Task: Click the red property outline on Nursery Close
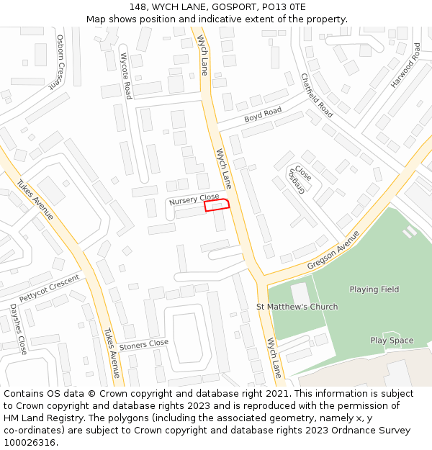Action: coord(217,205)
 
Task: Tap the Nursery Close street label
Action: coord(194,199)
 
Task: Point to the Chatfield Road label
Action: coord(317,96)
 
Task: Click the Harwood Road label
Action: coord(405,66)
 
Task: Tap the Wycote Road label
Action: coord(126,76)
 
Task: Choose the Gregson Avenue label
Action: coord(333,251)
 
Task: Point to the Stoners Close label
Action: coord(144,344)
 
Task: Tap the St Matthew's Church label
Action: coord(297,307)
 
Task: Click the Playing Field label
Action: coord(374,289)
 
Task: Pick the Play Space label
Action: coord(392,341)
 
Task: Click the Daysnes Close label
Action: coord(18,328)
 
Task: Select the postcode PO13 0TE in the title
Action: coord(284,7)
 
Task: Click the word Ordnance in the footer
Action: coord(337,430)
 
